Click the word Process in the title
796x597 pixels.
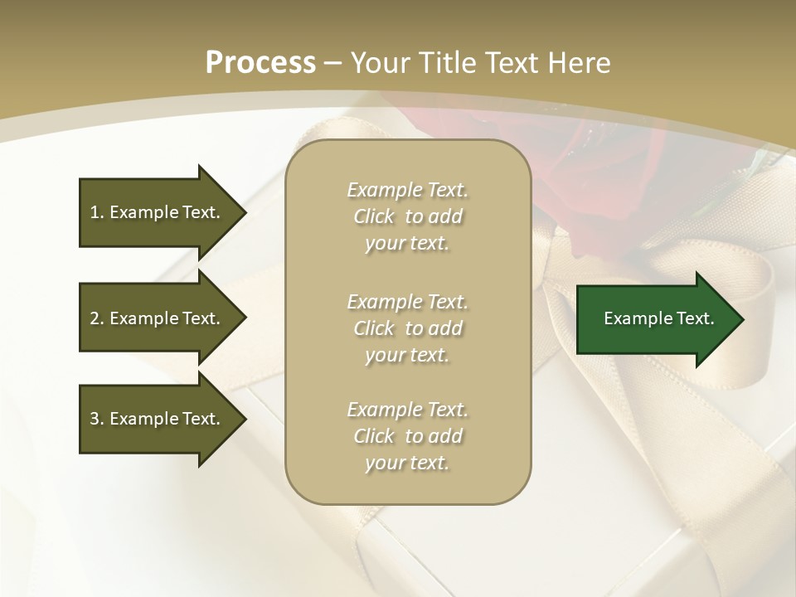pos(260,63)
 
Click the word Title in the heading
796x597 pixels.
pos(449,63)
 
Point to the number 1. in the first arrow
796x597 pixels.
pos(97,212)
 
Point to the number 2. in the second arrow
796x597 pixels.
pos(97,318)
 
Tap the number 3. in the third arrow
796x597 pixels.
pos(97,419)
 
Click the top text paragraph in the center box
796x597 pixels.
pos(407,216)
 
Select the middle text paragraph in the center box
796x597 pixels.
pos(407,328)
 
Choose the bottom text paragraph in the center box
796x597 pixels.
pos(407,436)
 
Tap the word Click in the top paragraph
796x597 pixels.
pos(374,216)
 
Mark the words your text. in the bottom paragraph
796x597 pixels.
pos(407,463)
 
